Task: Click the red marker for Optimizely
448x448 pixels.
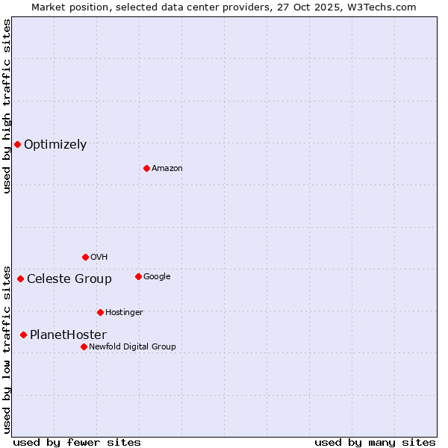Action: (17, 144)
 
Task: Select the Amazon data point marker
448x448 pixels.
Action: (146, 168)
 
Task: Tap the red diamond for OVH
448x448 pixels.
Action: (85, 257)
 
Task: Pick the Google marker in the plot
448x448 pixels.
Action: (138, 276)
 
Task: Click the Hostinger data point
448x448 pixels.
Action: (100, 312)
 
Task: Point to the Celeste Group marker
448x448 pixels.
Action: (20, 279)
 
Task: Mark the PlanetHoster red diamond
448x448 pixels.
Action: (23, 335)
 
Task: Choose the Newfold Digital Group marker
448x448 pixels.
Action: (84, 346)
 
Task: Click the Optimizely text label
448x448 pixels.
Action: (55, 145)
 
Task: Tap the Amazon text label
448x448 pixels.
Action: (167, 169)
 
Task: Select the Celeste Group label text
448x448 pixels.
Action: (69, 279)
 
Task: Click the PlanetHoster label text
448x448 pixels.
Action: (68, 335)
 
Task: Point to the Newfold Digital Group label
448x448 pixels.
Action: (132, 346)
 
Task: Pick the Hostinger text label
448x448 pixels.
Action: (124, 312)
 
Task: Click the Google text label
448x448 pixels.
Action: (157, 276)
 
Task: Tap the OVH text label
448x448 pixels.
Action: (99, 257)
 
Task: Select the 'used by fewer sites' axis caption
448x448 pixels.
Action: (77, 442)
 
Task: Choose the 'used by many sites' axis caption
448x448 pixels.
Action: (375, 442)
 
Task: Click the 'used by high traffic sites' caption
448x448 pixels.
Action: (7, 106)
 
